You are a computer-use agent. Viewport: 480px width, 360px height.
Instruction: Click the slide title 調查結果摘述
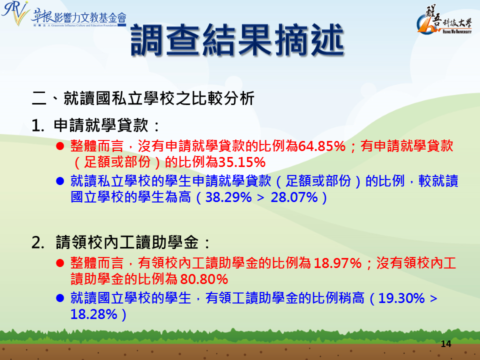pos(237,40)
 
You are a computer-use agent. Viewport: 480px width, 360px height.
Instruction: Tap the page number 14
pos(446,344)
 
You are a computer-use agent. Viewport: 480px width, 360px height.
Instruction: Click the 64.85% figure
pos(321,146)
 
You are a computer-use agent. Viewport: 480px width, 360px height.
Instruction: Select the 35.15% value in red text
pos(242,162)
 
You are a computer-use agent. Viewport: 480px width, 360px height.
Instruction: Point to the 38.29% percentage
pos(228,197)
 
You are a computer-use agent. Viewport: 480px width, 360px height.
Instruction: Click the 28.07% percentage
pos(294,197)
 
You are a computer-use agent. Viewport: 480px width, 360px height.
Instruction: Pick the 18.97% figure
pos(338,263)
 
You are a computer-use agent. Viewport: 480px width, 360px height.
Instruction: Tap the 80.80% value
pos(204,279)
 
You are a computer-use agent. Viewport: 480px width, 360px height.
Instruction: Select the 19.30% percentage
pos(401,298)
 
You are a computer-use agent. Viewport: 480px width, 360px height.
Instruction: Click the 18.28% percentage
pos(93,314)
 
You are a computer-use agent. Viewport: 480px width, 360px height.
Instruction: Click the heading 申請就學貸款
pos(101,125)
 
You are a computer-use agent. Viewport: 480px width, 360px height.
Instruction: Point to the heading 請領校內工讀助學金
pos(127,242)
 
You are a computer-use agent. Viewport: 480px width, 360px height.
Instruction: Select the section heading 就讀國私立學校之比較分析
pos(159,98)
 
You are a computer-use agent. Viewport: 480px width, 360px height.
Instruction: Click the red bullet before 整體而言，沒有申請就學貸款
pos(60,146)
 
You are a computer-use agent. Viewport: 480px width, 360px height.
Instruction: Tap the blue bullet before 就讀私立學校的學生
pos(60,181)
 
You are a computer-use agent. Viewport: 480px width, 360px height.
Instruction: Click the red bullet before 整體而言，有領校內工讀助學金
pos(60,263)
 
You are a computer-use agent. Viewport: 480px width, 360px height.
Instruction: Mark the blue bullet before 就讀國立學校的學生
pos(60,298)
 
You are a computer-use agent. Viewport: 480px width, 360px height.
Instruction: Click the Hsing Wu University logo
pos(444,20)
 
